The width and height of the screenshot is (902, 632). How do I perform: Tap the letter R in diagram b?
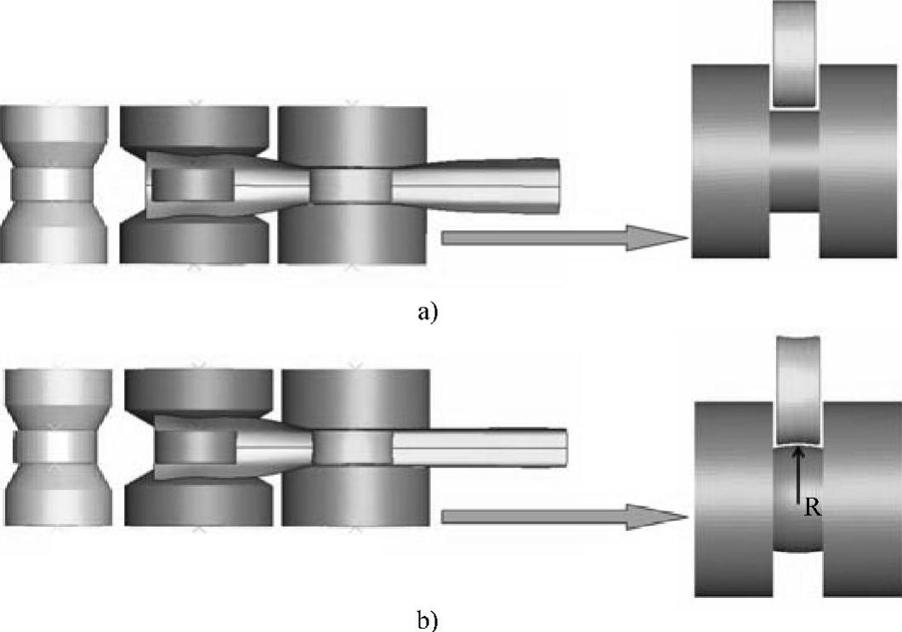pyautogui.click(x=813, y=511)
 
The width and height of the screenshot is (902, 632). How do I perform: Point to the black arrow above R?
pyautogui.click(x=797, y=476)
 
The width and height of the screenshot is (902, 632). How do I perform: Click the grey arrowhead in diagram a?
pyautogui.click(x=655, y=238)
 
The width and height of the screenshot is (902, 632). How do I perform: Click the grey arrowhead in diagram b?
pyautogui.click(x=655, y=516)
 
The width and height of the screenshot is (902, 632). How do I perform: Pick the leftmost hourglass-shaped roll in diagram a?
pyautogui.click(x=54, y=183)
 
